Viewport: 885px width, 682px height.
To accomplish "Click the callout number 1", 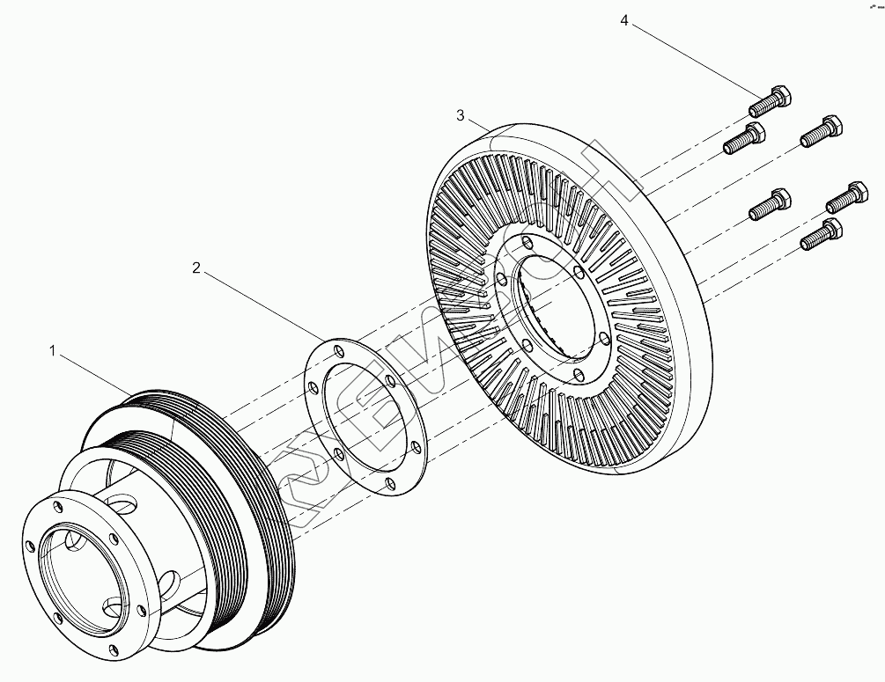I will pos(53,351).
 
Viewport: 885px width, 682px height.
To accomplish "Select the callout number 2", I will pos(196,268).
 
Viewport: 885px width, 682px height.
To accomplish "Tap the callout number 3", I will pos(461,115).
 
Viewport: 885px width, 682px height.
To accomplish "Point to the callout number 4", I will pos(624,20).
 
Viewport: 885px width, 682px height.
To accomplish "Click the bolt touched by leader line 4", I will pos(770,102).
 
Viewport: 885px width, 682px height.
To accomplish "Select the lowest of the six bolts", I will pos(818,235).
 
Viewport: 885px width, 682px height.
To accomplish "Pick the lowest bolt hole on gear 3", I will pos(578,376).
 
